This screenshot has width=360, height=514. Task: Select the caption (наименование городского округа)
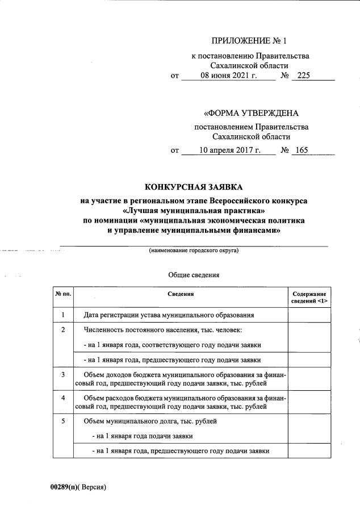(x=194, y=250)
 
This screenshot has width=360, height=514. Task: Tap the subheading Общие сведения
(x=194, y=275)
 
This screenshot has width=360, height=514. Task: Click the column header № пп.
(x=63, y=294)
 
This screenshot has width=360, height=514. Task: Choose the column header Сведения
(x=181, y=294)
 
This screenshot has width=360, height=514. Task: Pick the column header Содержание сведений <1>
(x=309, y=297)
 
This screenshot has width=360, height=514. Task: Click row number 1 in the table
(x=63, y=315)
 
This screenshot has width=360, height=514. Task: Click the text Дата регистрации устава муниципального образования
(x=168, y=315)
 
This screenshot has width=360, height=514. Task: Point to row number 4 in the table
(x=63, y=398)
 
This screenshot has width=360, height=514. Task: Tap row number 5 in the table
(x=63, y=421)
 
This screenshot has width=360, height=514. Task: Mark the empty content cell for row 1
(x=309, y=315)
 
